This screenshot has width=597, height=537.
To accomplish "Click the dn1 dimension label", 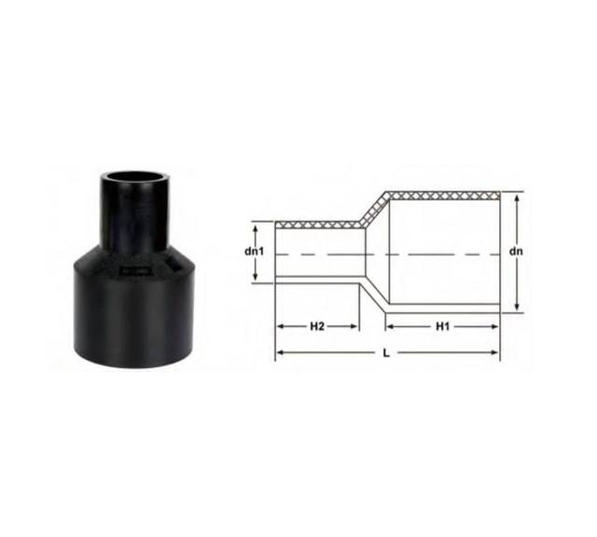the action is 255,252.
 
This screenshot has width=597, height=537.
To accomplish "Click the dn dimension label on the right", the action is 516,252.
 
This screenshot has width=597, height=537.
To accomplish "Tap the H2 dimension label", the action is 317,326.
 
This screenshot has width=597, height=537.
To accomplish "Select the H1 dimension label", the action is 443,326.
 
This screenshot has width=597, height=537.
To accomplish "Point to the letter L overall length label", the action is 386,353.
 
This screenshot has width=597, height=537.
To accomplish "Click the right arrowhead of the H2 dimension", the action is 354,326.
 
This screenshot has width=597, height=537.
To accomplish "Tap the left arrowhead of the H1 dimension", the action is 390,326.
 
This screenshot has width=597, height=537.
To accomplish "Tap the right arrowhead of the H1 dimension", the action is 494,326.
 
